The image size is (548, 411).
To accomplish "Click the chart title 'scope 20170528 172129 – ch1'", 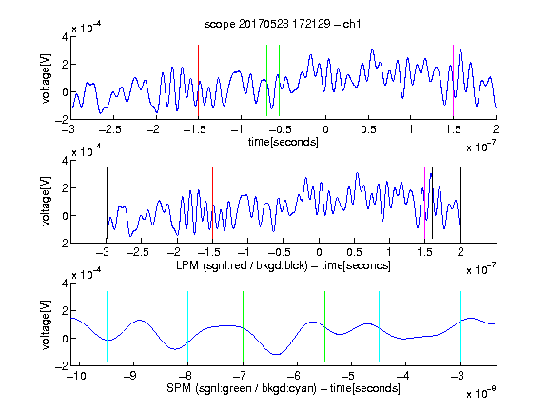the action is pos(283,24).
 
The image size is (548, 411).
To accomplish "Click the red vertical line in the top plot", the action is pos(198,80).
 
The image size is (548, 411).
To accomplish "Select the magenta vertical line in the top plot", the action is pos(453,80).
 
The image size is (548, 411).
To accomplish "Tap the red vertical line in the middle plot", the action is pos(212,203).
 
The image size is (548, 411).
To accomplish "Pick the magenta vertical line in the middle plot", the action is pos(424,203).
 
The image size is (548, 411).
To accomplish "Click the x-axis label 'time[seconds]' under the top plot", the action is pos(284,142).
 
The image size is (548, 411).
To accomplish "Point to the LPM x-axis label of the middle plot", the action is pos(284,265).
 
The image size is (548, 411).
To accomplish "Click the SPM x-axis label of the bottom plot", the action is pos(284,388).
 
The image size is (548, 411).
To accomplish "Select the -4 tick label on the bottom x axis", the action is pos(402,376).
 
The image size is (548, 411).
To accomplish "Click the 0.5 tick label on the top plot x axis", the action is pos(368,129).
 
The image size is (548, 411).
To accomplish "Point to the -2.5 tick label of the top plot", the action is pos(109,129).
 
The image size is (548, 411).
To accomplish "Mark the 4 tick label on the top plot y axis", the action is pos(65,37).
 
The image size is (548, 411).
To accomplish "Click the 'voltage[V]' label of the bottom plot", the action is pos(46,324).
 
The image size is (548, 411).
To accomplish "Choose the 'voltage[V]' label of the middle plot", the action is pos(46,202).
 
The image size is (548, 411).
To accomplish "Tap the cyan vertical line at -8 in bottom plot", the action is pos(187,326).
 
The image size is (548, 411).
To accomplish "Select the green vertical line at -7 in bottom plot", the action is pos(243,326).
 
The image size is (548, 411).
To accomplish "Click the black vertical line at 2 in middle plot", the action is pos(460,203).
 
